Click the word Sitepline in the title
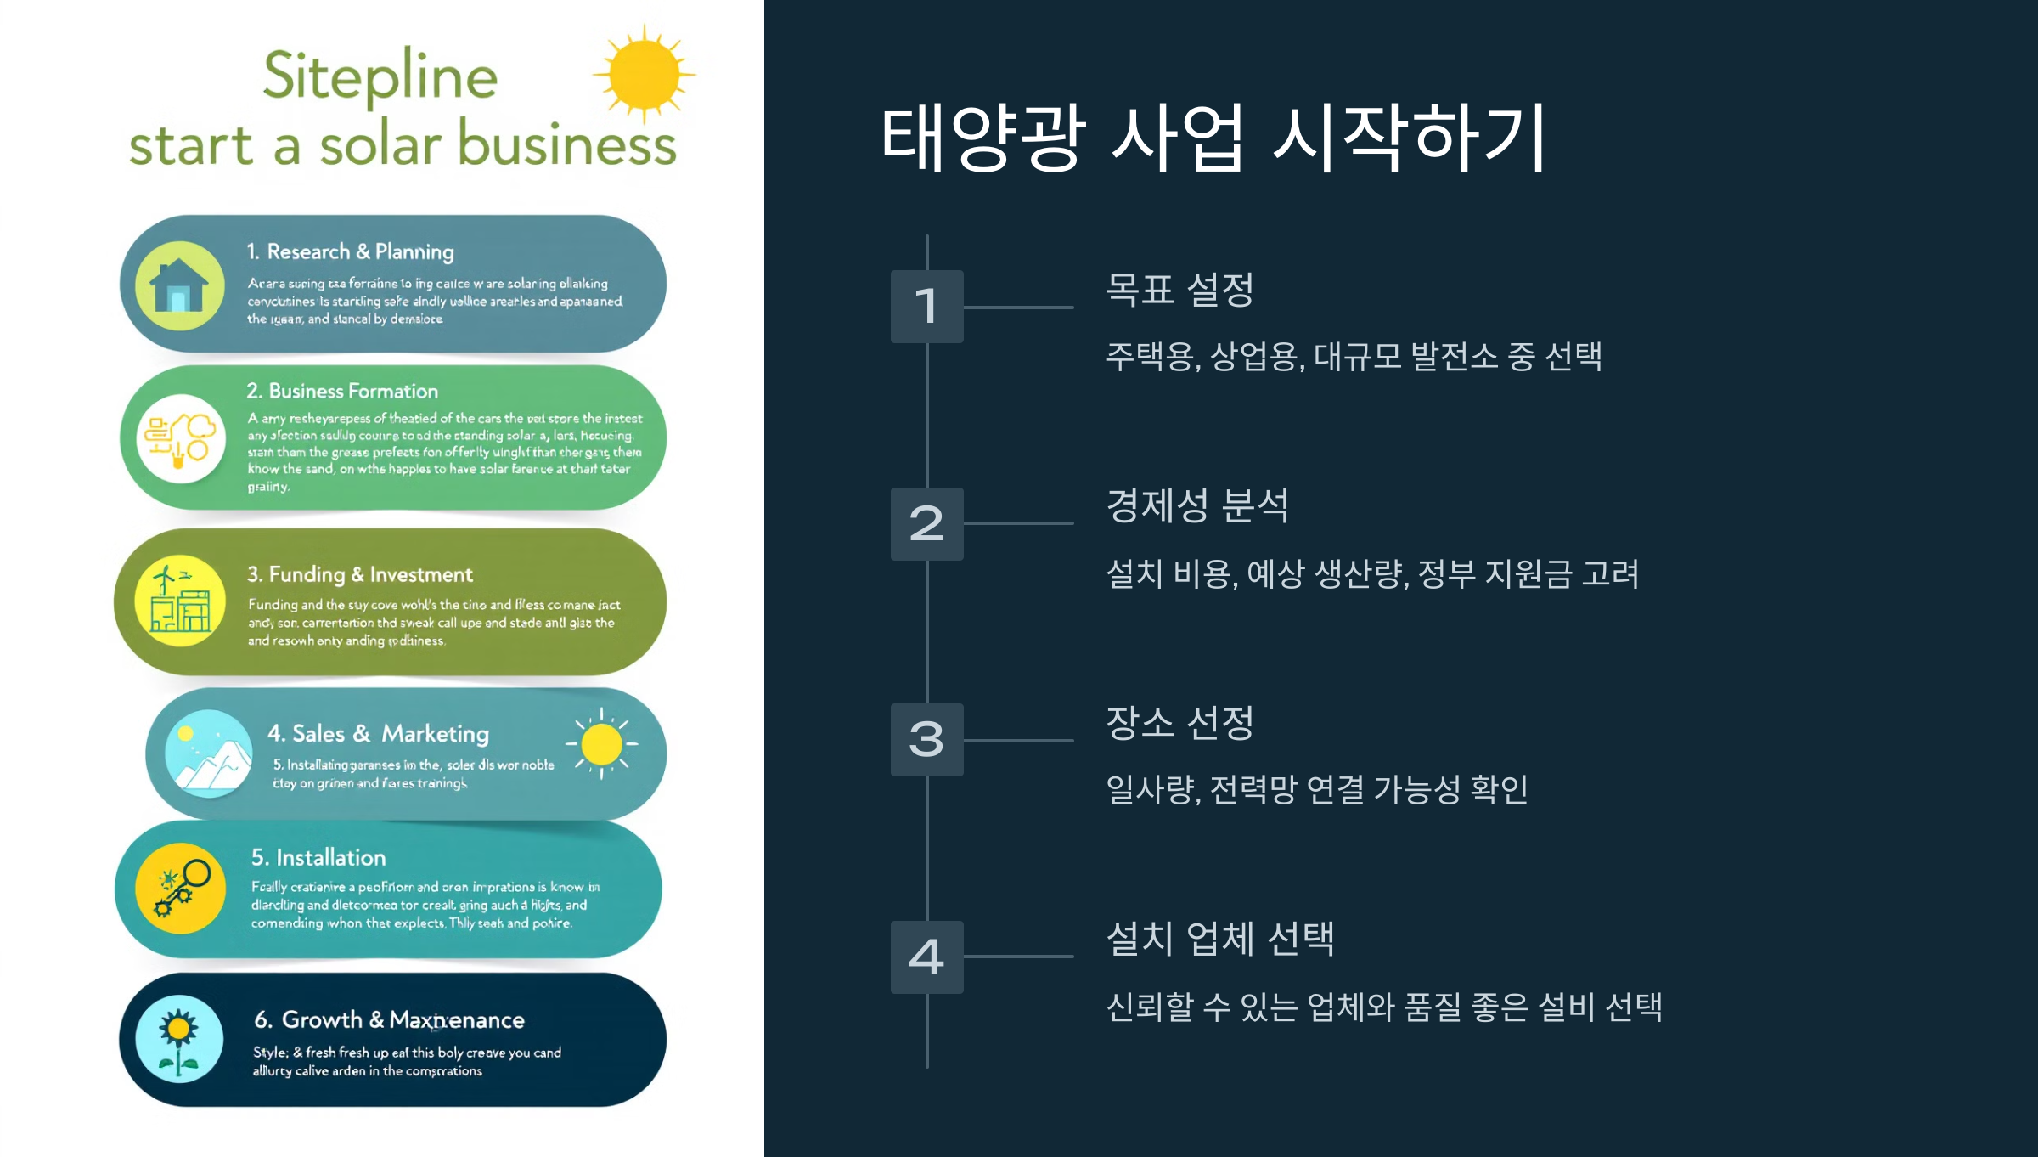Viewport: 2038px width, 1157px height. tap(380, 76)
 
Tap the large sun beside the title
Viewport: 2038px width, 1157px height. tap(644, 75)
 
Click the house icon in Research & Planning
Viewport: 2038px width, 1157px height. tap(179, 285)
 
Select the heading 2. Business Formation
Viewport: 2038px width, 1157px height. tap(342, 391)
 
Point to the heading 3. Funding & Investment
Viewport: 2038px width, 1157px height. tap(359, 575)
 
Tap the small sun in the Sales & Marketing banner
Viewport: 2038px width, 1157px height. tap(602, 744)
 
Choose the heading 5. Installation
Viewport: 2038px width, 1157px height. tap(318, 858)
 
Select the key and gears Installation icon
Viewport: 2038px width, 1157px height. tap(180, 889)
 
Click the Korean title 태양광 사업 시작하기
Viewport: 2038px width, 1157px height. tap(1213, 138)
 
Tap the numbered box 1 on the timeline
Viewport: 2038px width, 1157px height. tap(926, 307)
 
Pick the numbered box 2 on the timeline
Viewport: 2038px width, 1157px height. tap(926, 524)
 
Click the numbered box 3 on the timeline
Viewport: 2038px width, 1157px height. tap(926, 740)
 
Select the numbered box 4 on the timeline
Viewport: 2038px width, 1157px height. tap(926, 957)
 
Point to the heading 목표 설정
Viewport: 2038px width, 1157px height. tap(1179, 290)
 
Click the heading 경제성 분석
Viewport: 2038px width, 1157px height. tap(1197, 506)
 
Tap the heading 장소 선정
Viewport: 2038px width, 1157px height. tap(1179, 723)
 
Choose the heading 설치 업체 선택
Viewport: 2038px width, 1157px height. tap(1220, 939)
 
